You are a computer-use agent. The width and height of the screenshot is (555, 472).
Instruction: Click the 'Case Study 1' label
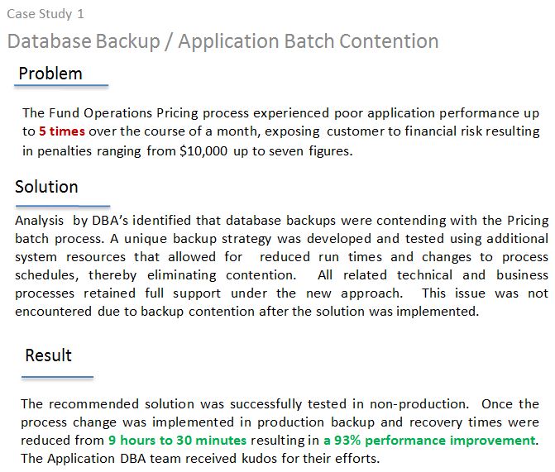[x=45, y=14]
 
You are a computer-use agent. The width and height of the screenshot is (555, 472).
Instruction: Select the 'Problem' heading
[x=50, y=74]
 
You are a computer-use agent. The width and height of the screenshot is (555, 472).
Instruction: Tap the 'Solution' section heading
[x=46, y=187]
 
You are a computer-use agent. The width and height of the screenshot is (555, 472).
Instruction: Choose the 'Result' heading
[x=48, y=355]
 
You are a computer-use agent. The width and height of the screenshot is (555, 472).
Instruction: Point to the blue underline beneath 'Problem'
[x=62, y=85]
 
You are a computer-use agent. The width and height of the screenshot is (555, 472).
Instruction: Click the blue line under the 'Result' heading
[x=57, y=377]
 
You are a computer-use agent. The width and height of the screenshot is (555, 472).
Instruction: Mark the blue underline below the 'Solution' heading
[x=62, y=206]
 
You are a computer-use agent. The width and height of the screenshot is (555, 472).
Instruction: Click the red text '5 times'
[x=62, y=131]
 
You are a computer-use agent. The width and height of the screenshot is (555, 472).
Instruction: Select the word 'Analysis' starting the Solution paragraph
[x=40, y=221]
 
